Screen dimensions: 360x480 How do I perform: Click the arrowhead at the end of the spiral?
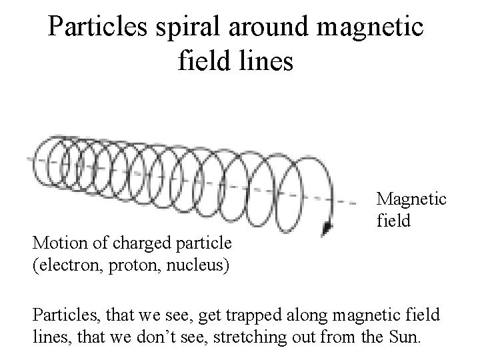point(327,229)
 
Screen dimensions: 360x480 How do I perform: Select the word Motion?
point(54,241)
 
